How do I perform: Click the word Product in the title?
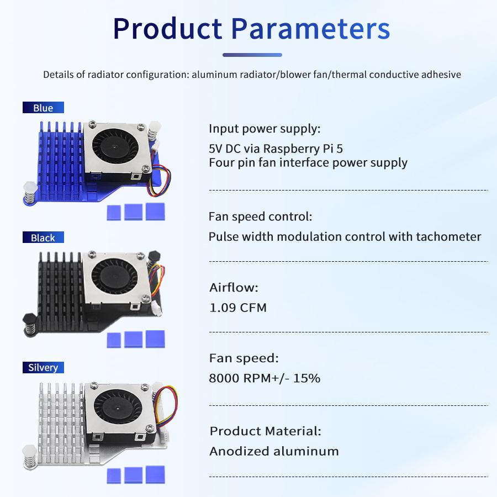click(167, 29)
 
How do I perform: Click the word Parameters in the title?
click(310, 29)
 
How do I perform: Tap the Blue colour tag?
click(43, 108)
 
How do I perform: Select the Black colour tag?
click(43, 237)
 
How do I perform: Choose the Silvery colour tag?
click(43, 367)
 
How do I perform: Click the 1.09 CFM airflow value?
click(238, 308)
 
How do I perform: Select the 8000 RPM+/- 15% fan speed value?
click(265, 378)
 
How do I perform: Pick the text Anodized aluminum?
click(274, 451)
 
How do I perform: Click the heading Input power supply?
click(265, 129)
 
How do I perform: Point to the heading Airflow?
click(234, 287)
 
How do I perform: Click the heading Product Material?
click(265, 431)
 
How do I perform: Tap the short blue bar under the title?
click(252, 55)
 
